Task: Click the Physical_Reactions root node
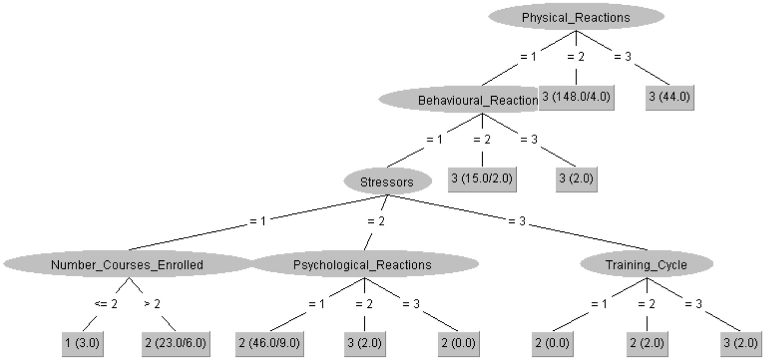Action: pyautogui.click(x=576, y=17)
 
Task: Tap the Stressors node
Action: pyautogui.click(x=387, y=182)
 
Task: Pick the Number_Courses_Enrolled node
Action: pyautogui.click(x=127, y=265)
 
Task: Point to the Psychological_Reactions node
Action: pyautogui.click(x=363, y=265)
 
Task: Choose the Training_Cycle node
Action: pyautogui.click(x=646, y=265)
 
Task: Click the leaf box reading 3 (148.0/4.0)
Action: pyautogui.click(x=576, y=97)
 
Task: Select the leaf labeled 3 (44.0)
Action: pyautogui.click(x=670, y=97)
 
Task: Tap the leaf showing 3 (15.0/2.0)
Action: pyautogui.click(x=482, y=179)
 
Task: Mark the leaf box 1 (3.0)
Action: pyautogui.click(x=82, y=343)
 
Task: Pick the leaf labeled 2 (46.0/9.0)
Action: pyautogui.click(x=269, y=343)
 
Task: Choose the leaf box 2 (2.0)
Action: pyautogui.click(x=647, y=343)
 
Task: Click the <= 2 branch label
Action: pyautogui.click(x=106, y=304)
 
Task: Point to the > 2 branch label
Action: pyautogui.click(x=152, y=304)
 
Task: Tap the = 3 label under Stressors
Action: pyautogui.click(x=517, y=221)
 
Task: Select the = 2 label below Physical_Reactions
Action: pyautogui.click(x=575, y=57)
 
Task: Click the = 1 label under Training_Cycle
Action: pyautogui.click(x=599, y=304)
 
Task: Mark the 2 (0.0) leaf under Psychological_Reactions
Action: pyautogui.click(x=458, y=343)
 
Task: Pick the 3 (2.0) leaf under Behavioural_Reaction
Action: pyautogui.click(x=576, y=179)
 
